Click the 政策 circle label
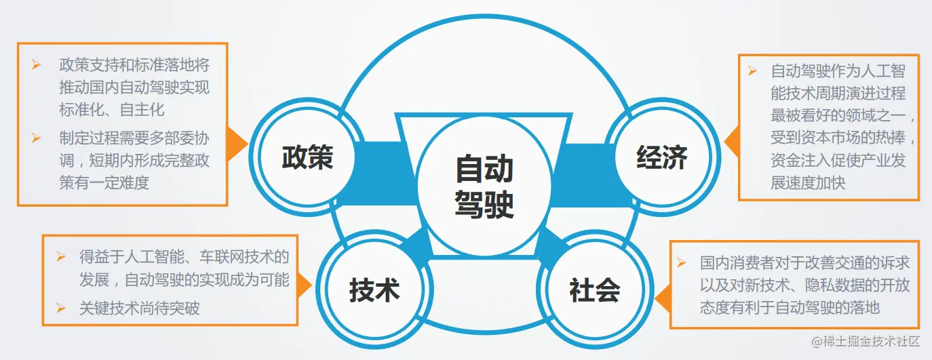point(307,157)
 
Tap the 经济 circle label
point(661,157)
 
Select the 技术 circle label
point(374,290)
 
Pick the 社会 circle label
point(594,290)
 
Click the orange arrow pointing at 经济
point(731,140)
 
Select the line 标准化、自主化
point(112,109)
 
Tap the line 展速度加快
point(808,183)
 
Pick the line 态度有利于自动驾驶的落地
point(790,307)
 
